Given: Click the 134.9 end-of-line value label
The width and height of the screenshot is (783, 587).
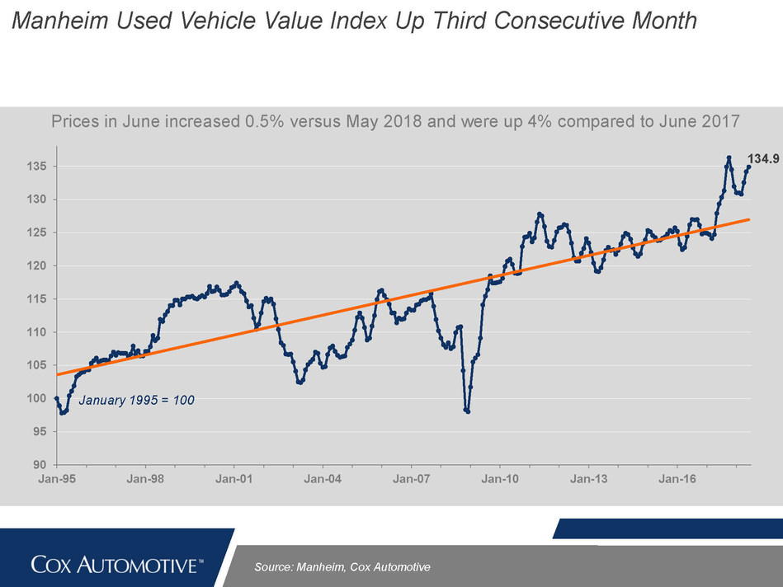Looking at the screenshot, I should pyautogui.click(x=764, y=158).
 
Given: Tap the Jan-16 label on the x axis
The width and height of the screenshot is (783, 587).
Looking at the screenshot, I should pyautogui.click(x=676, y=478).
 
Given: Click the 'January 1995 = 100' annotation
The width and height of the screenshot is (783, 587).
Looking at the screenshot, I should pyautogui.click(x=136, y=401).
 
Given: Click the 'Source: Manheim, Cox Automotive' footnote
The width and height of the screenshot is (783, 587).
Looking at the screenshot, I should pyautogui.click(x=342, y=567).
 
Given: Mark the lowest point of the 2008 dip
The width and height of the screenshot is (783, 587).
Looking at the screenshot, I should pyautogui.click(x=468, y=411).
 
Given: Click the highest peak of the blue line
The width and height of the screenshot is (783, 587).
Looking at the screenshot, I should pyautogui.click(x=729, y=157).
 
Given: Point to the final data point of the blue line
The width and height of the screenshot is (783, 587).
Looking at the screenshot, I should pyautogui.click(x=749, y=167).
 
